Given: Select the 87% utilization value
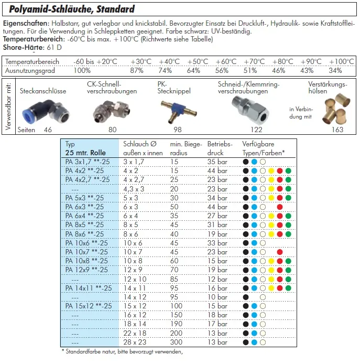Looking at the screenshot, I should [x=137, y=70].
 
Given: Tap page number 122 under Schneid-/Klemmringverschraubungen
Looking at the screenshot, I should [x=256, y=130].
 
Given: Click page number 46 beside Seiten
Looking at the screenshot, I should [x=48, y=130].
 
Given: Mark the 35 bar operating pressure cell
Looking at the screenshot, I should [x=217, y=162].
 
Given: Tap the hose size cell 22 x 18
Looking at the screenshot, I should [x=135, y=333].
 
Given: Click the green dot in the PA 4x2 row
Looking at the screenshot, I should [x=288, y=170].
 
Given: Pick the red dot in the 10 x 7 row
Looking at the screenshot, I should [x=280, y=252].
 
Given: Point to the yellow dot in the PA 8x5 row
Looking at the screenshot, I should [x=271, y=224].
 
